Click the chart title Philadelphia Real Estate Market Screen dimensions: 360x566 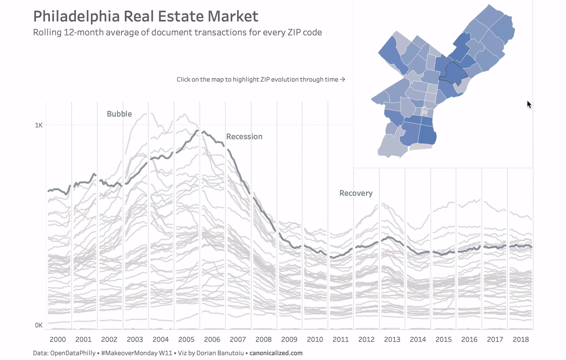pos(145,16)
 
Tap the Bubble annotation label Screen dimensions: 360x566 pos(119,114)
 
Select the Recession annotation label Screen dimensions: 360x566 pos(244,136)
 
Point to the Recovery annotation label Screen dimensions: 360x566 pos(356,193)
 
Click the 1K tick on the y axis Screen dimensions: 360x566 pos(38,125)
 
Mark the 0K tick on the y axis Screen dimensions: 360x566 pos(38,325)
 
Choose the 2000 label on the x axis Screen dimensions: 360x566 pos(58,339)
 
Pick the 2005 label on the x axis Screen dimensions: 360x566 pos(186,339)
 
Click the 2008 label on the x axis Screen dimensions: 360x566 pos(263,339)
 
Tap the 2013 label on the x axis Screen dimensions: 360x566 pos(392,339)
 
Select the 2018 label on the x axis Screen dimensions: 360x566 pos(521,339)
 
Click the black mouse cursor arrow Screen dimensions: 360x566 pos(529,104)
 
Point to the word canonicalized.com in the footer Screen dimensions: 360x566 pos(276,353)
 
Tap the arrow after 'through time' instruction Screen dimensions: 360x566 pos(342,80)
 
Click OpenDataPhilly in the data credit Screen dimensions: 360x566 pos(73,353)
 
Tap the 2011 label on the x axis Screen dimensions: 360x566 pos(341,339)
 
